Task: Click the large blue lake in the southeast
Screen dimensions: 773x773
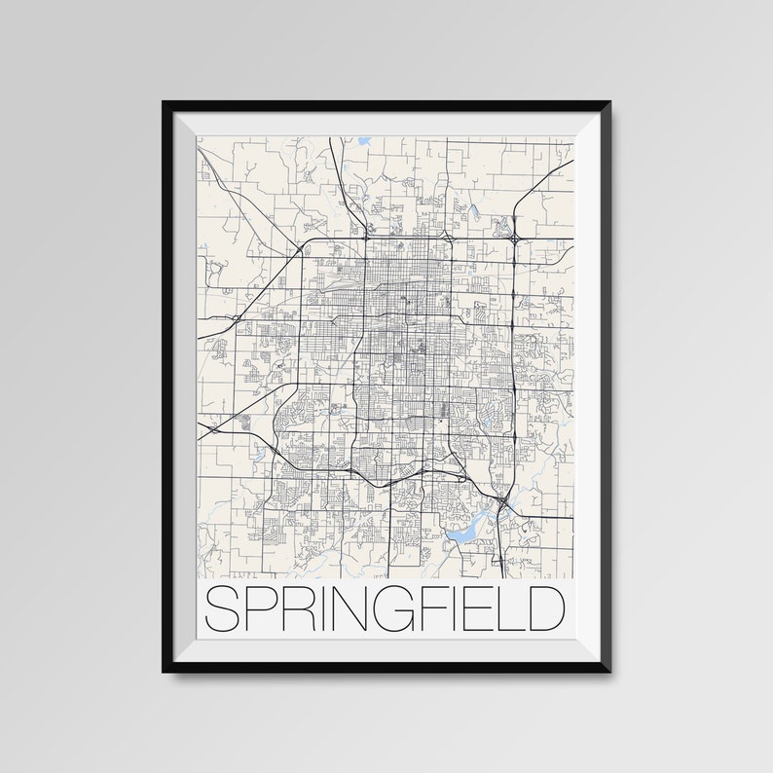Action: (463, 527)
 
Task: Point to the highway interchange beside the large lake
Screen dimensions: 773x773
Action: (500, 502)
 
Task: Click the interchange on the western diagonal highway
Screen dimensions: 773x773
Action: (235, 318)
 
